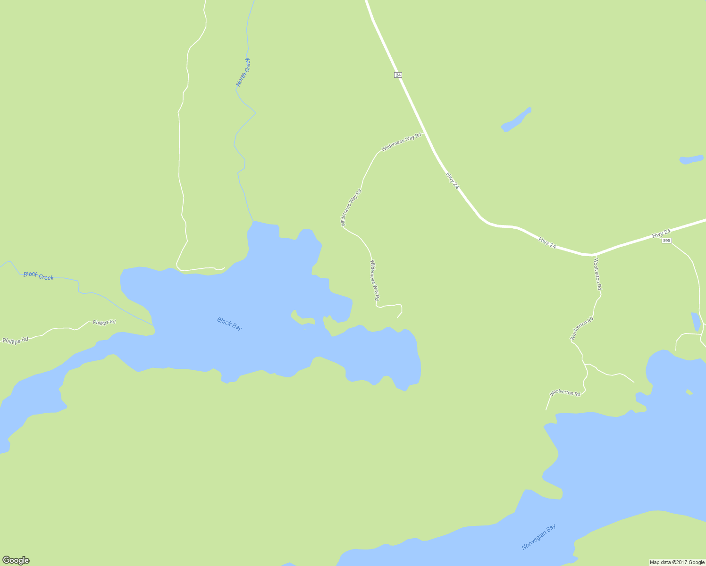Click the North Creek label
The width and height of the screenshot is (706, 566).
click(x=243, y=72)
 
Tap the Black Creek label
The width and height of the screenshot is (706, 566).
click(x=39, y=276)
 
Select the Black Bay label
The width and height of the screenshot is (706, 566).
click(x=229, y=324)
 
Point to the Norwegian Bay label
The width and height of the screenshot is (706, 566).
click(x=538, y=537)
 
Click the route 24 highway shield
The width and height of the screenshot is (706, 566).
click(x=398, y=75)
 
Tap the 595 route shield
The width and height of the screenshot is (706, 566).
click(x=666, y=241)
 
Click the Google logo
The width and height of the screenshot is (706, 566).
click(x=16, y=560)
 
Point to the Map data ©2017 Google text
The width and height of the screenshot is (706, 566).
click(x=677, y=562)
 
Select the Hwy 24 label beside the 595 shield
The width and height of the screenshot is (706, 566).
click(x=661, y=233)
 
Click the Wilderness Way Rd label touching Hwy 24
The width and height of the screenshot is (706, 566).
click(x=401, y=141)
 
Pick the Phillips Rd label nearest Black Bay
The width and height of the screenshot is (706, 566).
click(x=104, y=322)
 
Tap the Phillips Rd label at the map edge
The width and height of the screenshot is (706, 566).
click(x=15, y=340)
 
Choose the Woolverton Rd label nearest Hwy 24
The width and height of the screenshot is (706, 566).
click(x=597, y=274)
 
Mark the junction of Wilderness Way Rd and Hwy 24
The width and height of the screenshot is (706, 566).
click(x=424, y=133)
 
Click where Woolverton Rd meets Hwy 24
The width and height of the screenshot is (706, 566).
click(x=593, y=255)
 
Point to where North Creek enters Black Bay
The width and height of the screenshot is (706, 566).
click(x=253, y=221)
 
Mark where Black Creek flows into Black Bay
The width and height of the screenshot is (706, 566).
click(x=153, y=325)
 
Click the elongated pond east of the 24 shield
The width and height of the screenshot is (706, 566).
click(x=516, y=119)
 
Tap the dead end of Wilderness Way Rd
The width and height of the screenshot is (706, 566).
click(x=397, y=317)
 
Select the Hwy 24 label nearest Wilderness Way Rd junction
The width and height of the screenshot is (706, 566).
click(x=452, y=181)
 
